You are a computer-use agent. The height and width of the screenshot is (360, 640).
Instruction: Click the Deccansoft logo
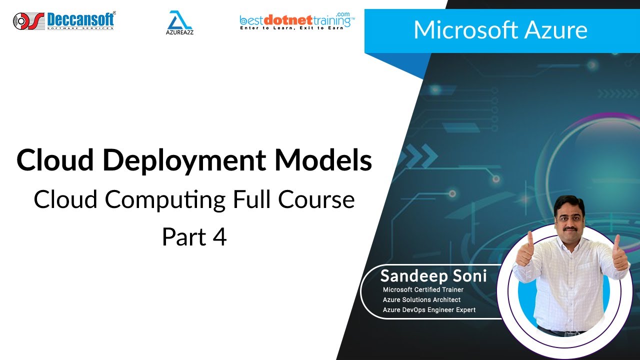click(x=64, y=20)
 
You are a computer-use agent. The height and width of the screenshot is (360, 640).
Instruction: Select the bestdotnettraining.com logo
click(x=297, y=21)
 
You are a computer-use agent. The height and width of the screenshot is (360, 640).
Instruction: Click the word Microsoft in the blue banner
click(x=465, y=30)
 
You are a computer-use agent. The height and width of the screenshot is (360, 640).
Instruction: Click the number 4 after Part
click(x=220, y=237)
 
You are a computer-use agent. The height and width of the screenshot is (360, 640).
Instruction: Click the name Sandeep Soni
click(x=433, y=276)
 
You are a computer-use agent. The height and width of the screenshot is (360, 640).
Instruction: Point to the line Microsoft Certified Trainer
click(x=423, y=289)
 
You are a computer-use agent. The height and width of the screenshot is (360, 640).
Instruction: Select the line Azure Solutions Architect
click(x=421, y=299)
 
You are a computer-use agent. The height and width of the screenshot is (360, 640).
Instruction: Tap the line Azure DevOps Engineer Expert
click(x=429, y=310)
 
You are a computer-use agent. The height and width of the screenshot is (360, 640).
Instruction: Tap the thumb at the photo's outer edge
click(x=618, y=252)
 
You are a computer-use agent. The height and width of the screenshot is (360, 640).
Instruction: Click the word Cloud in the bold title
click(x=54, y=160)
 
